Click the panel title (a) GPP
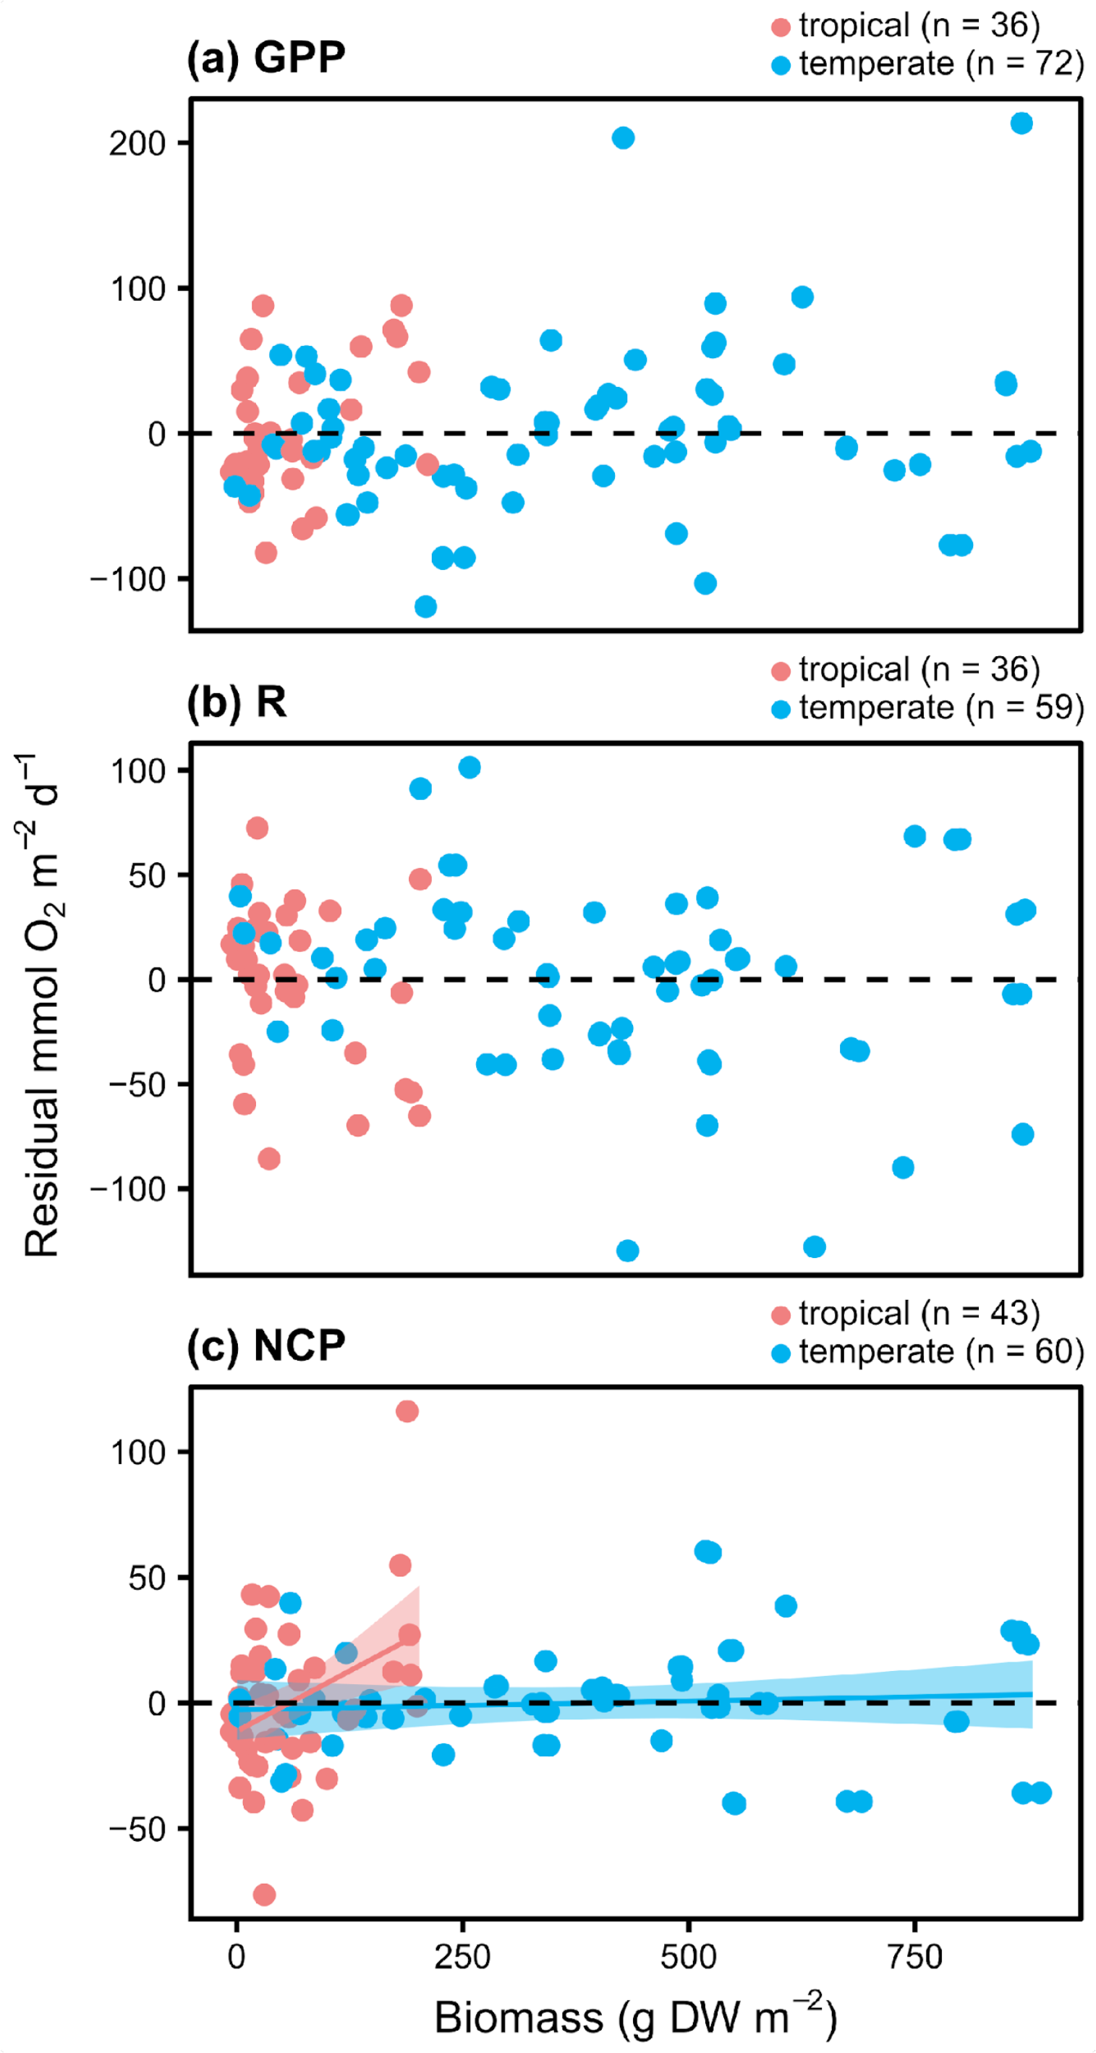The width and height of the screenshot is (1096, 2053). click(x=265, y=58)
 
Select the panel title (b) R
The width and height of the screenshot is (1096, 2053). click(x=237, y=702)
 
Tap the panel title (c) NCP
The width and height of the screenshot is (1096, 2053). click(x=265, y=1346)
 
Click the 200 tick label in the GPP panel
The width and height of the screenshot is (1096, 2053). click(x=137, y=144)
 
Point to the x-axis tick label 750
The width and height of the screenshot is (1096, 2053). click(x=914, y=1956)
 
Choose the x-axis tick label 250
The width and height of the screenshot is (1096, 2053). click(x=462, y=1956)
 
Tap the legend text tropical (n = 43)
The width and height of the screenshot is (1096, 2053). click(x=919, y=1313)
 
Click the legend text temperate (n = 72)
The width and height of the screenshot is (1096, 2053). click(x=941, y=64)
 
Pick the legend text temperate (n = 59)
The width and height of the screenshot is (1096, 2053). click(x=941, y=707)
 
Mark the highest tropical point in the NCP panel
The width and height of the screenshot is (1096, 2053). click(x=407, y=1411)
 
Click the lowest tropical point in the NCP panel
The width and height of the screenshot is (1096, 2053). click(x=264, y=1895)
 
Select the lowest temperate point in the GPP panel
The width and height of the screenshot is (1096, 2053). click(x=425, y=606)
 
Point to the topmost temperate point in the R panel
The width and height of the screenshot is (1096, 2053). click(x=470, y=768)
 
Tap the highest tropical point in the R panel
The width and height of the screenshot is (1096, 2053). click(x=257, y=828)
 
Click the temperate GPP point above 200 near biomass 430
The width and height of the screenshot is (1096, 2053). click(x=624, y=138)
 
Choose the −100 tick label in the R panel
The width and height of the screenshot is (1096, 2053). click(x=127, y=1189)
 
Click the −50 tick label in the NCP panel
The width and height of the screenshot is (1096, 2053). click(x=137, y=1829)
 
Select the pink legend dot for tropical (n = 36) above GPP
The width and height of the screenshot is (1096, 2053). click(x=781, y=27)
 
